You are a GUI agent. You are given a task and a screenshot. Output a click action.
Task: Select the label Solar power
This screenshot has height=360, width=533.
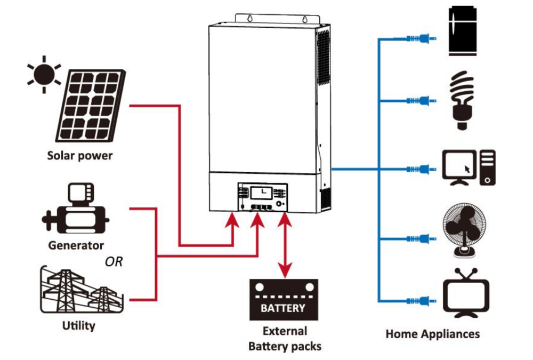[x=80, y=156]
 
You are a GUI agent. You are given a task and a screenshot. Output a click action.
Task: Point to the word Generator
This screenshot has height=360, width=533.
[x=76, y=246]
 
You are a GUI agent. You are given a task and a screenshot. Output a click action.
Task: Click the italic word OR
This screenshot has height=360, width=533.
[x=114, y=262]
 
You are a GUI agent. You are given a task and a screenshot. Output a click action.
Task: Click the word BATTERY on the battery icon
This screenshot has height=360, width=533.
[x=283, y=308]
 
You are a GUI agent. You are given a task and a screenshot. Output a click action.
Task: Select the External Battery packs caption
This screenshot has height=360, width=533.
[x=285, y=339]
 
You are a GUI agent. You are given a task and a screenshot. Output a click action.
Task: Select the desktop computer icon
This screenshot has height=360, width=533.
[x=469, y=168]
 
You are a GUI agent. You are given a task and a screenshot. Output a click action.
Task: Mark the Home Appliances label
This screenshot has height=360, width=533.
[x=432, y=334]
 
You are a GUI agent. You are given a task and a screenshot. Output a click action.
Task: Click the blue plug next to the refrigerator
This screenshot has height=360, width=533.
[x=421, y=38]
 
